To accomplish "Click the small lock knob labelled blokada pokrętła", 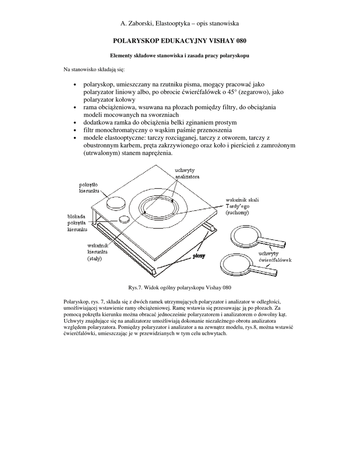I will click(124, 219).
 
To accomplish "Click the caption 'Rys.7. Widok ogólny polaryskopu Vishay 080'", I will click(180, 288).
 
